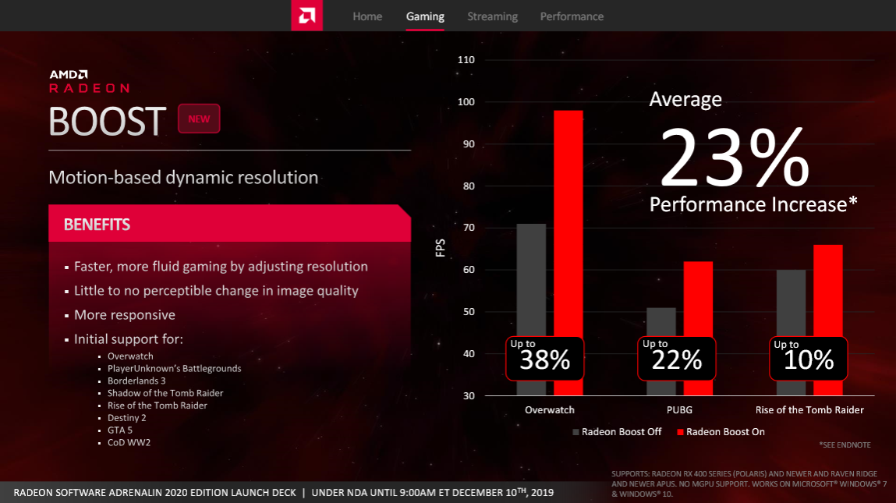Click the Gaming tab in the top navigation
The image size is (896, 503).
(x=425, y=16)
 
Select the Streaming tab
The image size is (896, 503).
(x=492, y=16)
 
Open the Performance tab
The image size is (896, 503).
(x=572, y=16)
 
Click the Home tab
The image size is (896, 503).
(x=367, y=16)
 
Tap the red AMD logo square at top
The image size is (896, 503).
(x=307, y=16)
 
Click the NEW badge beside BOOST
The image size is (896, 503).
(x=199, y=119)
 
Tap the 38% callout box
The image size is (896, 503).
(x=545, y=358)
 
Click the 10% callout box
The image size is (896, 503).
(x=809, y=358)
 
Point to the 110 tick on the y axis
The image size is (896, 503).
(x=467, y=60)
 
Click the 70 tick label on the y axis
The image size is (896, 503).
(x=467, y=228)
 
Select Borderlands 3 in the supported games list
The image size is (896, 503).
(x=136, y=381)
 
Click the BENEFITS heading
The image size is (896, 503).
(x=97, y=225)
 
